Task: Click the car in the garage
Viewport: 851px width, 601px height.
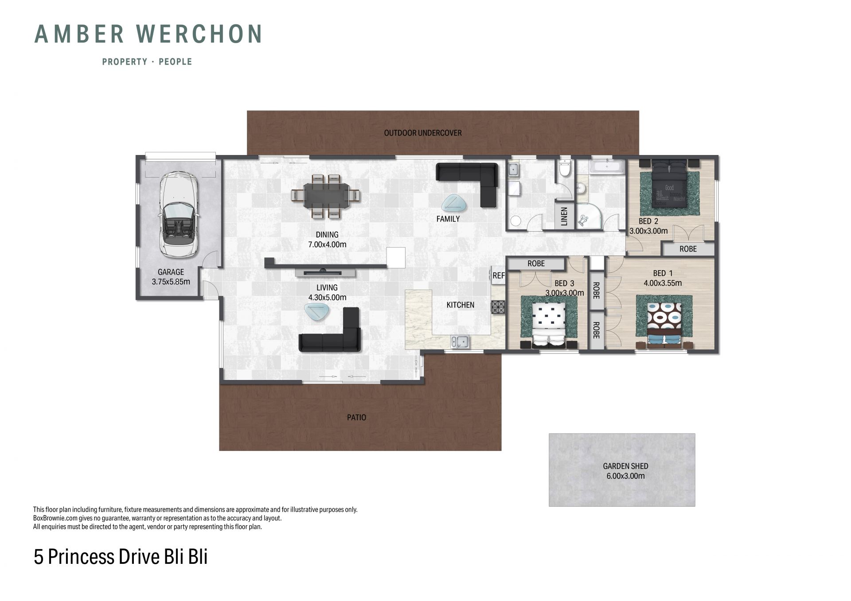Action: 178,215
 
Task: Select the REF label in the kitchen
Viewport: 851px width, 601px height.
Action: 499,275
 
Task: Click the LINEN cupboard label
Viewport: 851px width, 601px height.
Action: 564,217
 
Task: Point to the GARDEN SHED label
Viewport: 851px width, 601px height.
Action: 625,466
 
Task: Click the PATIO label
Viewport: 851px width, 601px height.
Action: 356,417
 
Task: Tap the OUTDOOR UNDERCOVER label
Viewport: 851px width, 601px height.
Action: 423,133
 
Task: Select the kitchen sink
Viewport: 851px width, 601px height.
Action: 461,342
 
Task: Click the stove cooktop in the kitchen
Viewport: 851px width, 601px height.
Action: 498,307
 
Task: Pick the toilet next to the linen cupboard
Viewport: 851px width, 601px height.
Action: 565,169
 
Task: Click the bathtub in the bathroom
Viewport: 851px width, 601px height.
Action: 607,167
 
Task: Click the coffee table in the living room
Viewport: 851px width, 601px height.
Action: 317,311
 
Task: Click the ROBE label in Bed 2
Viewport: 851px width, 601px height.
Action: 688,249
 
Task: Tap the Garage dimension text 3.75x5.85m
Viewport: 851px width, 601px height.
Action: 171,282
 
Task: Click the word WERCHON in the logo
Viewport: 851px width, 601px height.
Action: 199,34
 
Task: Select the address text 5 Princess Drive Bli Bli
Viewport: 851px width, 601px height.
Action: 121,557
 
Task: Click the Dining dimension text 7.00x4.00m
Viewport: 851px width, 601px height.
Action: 327,244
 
